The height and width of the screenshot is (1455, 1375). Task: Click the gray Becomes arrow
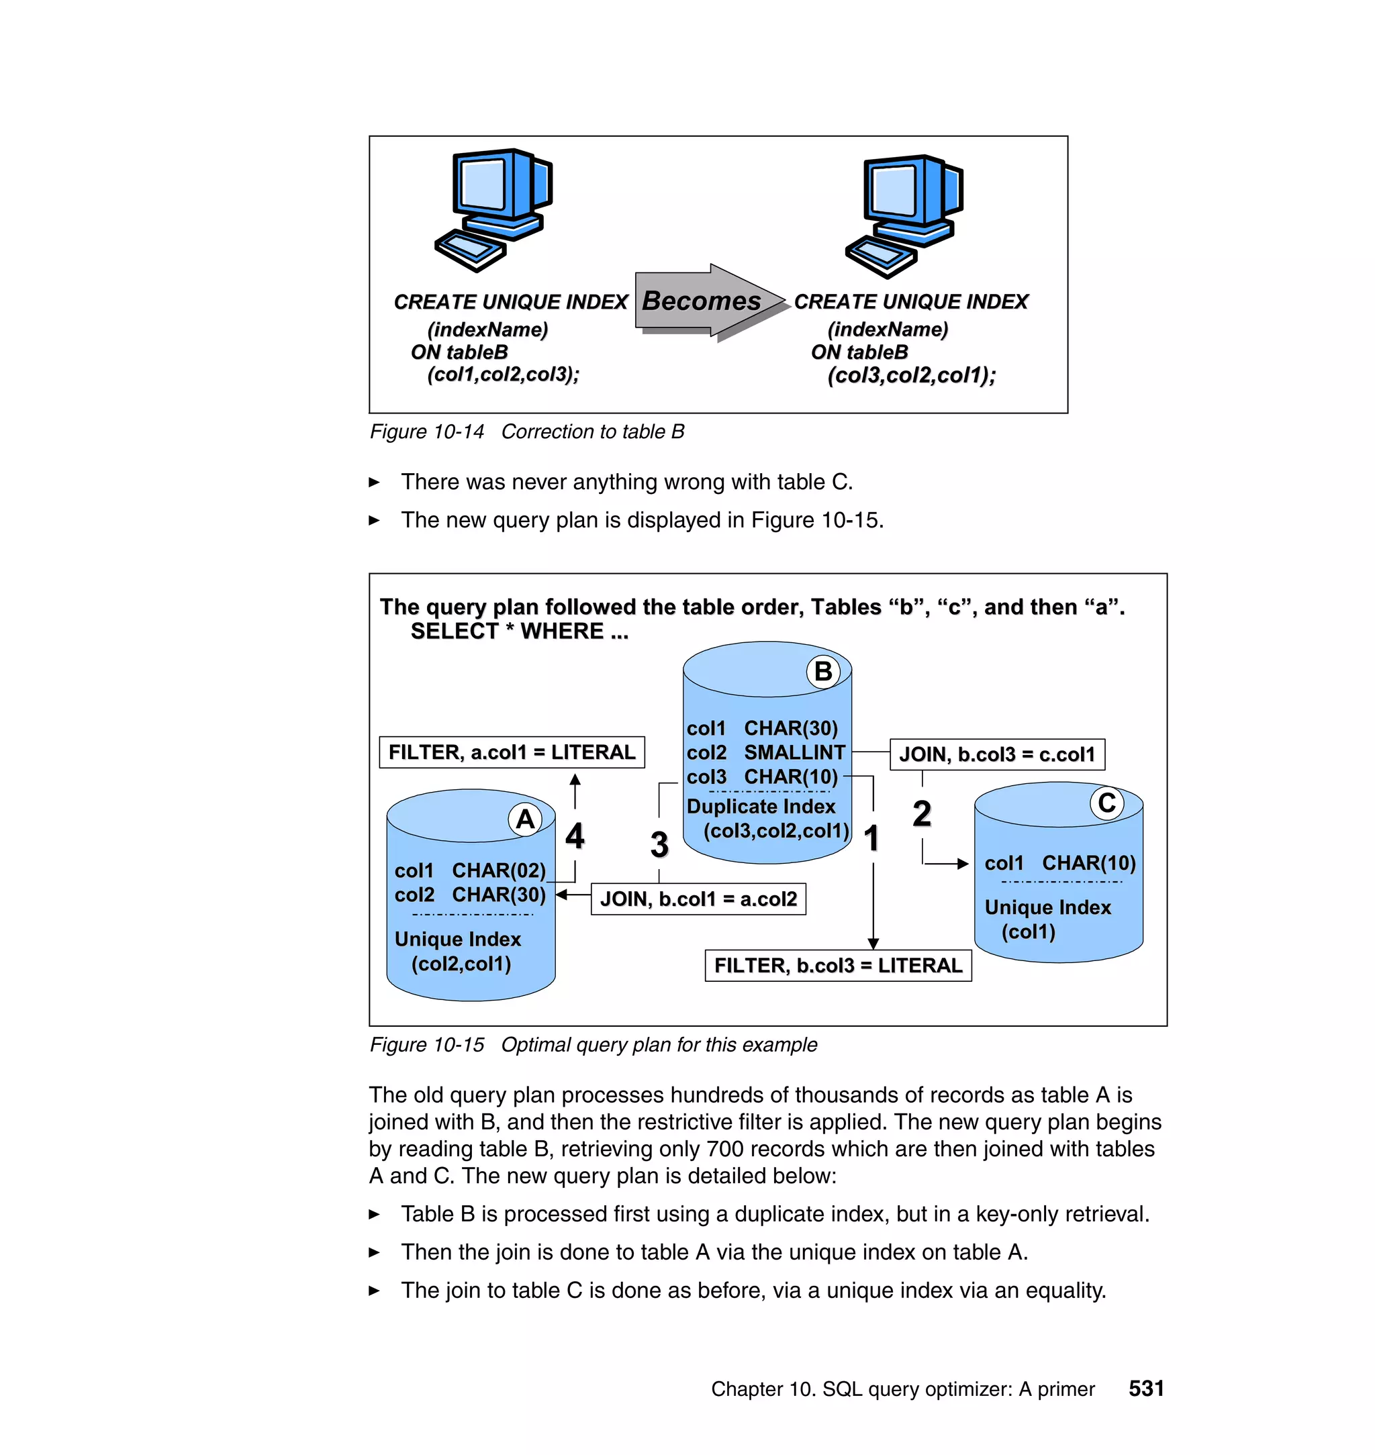point(707,301)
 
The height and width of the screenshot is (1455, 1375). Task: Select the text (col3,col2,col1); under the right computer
point(911,376)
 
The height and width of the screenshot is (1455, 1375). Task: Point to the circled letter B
point(823,671)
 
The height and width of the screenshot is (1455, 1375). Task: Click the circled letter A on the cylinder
point(525,819)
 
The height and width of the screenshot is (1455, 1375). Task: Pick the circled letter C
point(1106,803)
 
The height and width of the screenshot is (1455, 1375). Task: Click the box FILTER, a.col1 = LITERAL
point(512,752)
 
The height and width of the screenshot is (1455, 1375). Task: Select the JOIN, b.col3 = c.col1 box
point(997,754)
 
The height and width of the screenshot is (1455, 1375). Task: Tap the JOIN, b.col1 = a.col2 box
point(698,899)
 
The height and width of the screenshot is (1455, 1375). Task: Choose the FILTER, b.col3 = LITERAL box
point(838,966)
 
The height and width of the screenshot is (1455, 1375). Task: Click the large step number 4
point(575,836)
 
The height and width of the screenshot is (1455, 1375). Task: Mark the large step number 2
point(921,814)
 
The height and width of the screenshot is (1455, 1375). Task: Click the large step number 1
point(871,839)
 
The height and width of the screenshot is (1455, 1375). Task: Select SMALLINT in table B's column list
point(794,752)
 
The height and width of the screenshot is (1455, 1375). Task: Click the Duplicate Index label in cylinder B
point(761,807)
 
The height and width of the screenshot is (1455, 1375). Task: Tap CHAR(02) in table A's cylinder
point(498,870)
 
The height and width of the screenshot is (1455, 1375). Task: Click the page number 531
point(1145,1389)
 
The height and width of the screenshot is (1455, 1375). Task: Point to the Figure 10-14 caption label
point(426,432)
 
